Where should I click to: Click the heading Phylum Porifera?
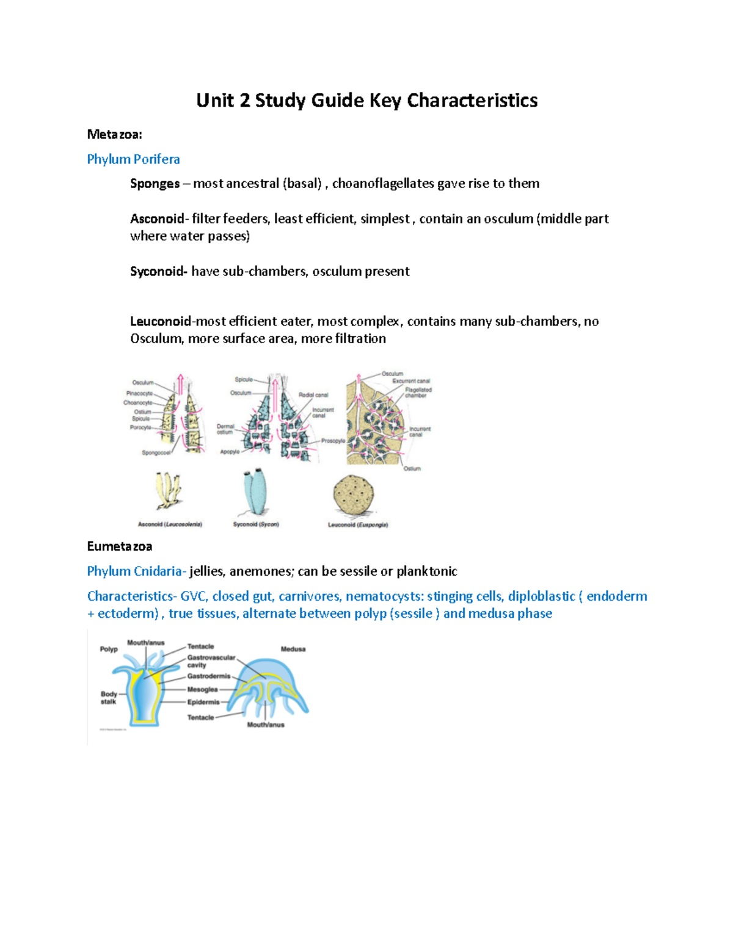pos(133,159)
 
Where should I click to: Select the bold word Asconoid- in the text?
pos(158,219)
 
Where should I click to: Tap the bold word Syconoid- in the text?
pos(159,271)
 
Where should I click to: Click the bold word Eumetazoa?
pos(120,546)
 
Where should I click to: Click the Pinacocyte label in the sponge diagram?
pos(139,393)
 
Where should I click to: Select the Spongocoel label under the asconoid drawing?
pos(156,453)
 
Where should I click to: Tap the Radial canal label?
pos(313,395)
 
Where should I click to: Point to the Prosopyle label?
pos(333,441)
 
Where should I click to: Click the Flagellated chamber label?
pos(418,393)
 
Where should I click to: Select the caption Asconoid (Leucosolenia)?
pos(170,524)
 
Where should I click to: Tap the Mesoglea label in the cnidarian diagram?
pos(202,689)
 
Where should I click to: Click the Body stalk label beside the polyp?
pos(109,698)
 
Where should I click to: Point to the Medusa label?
pos(293,649)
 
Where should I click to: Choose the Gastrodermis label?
pos(209,676)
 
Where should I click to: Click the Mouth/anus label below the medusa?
pos(266,725)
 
